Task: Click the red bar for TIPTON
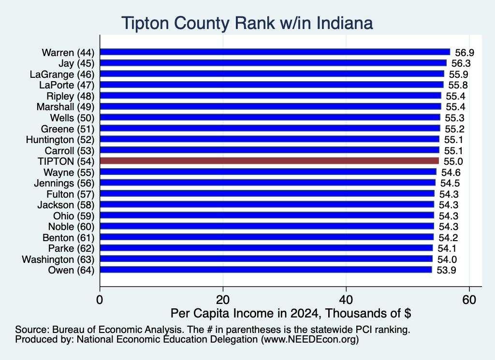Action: coord(269,161)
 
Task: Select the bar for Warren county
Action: coord(275,52)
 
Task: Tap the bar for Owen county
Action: coord(266,270)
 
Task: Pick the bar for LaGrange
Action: coord(272,74)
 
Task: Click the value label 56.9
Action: coord(465,52)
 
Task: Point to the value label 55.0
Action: coord(453,161)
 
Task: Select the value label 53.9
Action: coord(446,270)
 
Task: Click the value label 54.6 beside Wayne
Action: coord(451,173)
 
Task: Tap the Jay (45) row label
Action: coord(76,63)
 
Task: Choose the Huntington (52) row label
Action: coord(60,140)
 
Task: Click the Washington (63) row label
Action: coord(58,259)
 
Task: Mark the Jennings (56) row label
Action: coord(64,183)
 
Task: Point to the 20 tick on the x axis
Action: coord(223,300)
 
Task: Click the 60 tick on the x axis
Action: coord(469,300)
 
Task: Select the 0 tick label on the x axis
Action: coord(100,300)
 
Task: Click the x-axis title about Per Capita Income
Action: coord(291,313)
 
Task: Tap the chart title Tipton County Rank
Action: coord(247,23)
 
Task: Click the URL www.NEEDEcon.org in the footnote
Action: coord(310,340)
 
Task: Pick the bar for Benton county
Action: coord(267,237)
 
